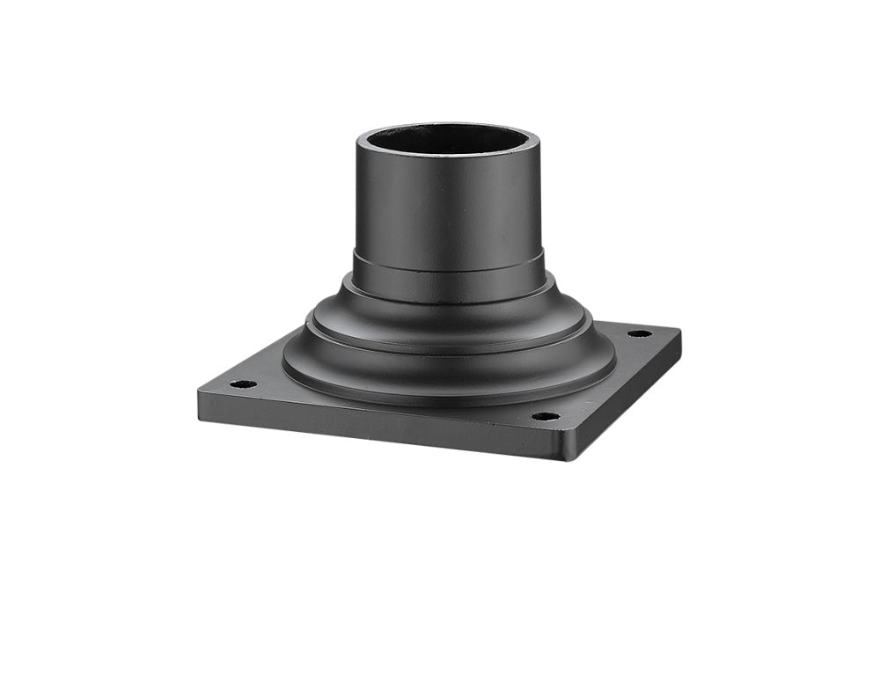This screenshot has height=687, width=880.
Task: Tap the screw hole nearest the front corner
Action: click(x=546, y=416)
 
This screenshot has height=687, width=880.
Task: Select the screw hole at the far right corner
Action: click(x=640, y=333)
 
